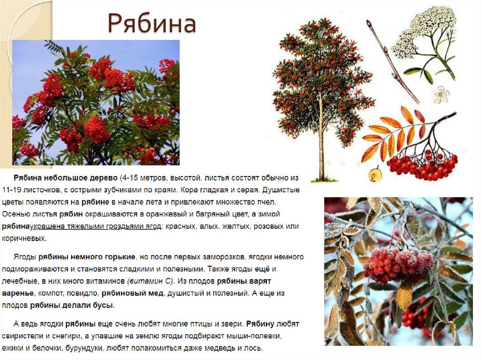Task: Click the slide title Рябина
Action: [151, 24]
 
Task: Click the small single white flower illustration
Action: [441, 94]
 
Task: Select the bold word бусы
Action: [104, 305]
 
